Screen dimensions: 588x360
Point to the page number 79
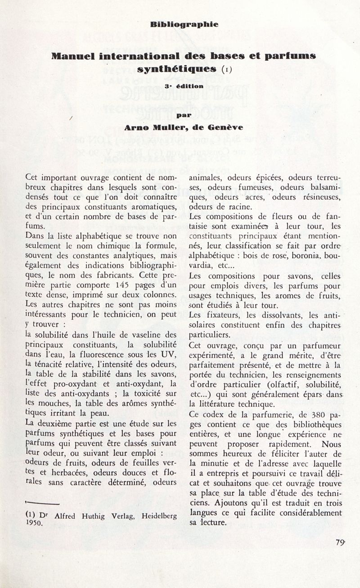pyautogui.click(x=339, y=542)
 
